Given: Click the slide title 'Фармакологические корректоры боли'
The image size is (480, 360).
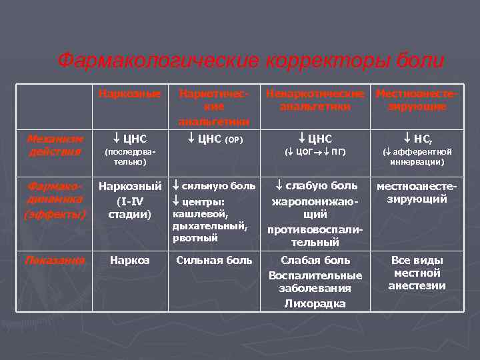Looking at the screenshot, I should pyautogui.click(x=250, y=61).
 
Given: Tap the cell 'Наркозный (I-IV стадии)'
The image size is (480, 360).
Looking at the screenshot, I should pyautogui.click(x=131, y=200).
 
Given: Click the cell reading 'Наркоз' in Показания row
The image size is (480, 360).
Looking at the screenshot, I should pyautogui.click(x=130, y=260).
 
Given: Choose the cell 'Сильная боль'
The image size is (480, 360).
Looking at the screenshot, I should pyautogui.click(x=214, y=260).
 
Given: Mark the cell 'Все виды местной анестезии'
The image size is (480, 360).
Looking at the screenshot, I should pyautogui.click(x=418, y=273).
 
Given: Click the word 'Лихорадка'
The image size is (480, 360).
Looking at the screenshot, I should pyautogui.click(x=315, y=303).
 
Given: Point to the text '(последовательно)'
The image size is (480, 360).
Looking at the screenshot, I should pyautogui.click(x=126, y=157).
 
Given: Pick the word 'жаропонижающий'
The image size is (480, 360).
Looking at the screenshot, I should pyautogui.click(x=315, y=207).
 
